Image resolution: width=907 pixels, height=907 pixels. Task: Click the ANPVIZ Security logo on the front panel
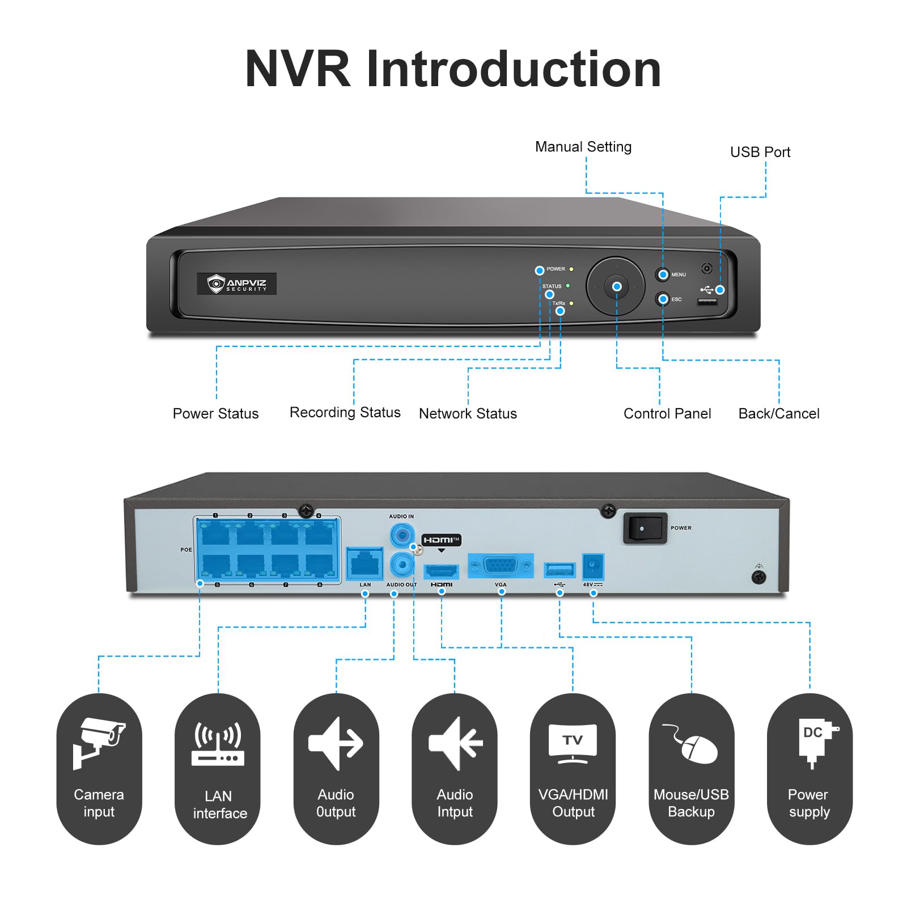[236, 283]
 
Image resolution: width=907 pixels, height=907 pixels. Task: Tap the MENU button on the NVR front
[662, 274]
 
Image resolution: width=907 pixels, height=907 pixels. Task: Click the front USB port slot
[707, 302]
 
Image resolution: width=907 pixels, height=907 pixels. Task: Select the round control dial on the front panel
[616, 286]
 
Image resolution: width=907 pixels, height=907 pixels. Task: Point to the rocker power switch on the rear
[645, 528]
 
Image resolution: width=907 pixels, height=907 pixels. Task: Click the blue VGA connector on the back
[501, 566]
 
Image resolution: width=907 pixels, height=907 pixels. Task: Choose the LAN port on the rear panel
[365, 563]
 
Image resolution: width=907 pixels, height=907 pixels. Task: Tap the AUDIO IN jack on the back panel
[402, 535]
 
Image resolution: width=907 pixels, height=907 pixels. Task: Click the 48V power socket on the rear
[593, 566]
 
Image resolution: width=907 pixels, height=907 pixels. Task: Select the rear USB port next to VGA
[560, 569]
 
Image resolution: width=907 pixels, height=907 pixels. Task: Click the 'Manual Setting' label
[583, 147]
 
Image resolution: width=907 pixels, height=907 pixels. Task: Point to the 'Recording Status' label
[345, 413]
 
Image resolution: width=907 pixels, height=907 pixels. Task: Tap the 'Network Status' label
[468, 414]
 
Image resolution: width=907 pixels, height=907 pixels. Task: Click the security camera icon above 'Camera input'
[99, 743]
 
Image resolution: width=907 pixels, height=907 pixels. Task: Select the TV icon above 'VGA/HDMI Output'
[573, 743]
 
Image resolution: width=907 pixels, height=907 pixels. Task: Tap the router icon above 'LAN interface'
[218, 743]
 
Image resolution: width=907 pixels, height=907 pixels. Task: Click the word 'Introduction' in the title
[514, 69]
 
